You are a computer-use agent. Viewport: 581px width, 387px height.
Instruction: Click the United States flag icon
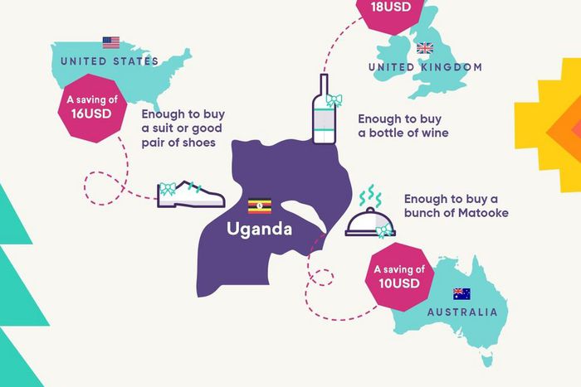(x=110, y=42)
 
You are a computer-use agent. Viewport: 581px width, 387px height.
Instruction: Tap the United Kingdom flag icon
(x=425, y=48)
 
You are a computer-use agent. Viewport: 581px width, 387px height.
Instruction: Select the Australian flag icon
(x=461, y=293)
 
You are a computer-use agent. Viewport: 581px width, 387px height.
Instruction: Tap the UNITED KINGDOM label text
(x=424, y=66)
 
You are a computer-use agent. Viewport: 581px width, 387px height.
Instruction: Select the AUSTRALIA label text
(x=462, y=312)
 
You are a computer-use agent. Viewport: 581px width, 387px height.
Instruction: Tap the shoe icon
(x=192, y=194)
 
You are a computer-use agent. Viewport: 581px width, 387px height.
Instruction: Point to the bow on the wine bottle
(x=333, y=101)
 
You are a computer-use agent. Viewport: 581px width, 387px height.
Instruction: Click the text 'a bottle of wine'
(x=403, y=133)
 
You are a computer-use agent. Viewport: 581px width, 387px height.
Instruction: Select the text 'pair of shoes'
(x=178, y=143)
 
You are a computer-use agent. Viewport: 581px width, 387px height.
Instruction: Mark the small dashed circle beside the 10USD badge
(x=323, y=277)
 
